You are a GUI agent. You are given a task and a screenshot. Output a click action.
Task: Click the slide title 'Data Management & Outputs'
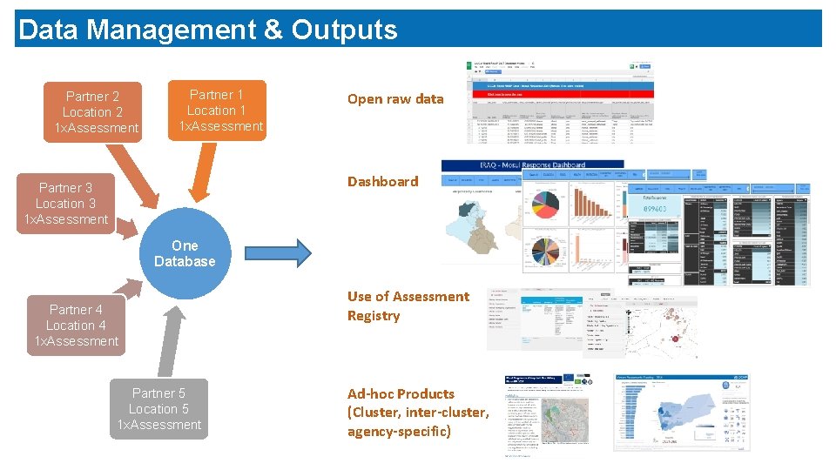pyautogui.click(x=207, y=30)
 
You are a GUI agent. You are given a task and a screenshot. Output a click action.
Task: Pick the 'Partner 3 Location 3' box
pyautogui.click(x=64, y=204)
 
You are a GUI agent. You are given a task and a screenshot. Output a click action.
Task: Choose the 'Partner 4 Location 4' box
pyautogui.click(x=76, y=326)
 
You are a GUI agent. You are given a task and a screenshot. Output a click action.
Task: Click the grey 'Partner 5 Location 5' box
pyautogui.click(x=158, y=409)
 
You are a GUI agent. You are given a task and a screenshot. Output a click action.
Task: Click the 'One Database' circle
pyautogui.click(x=185, y=253)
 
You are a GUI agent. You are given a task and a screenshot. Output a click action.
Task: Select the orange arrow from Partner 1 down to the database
pyautogui.click(x=200, y=174)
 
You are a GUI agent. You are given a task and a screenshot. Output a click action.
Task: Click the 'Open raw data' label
pyautogui.click(x=395, y=99)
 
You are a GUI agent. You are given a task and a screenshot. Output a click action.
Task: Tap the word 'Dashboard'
pyautogui.click(x=382, y=181)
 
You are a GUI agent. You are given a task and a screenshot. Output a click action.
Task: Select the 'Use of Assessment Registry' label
pyautogui.click(x=408, y=306)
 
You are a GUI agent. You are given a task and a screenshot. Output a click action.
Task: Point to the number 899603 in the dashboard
pyautogui.click(x=656, y=209)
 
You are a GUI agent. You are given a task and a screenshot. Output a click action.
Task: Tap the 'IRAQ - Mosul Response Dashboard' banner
pyautogui.click(x=532, y=164)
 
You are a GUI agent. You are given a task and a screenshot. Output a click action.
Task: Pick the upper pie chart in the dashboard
pyautogui.click(x=546, y=203)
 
